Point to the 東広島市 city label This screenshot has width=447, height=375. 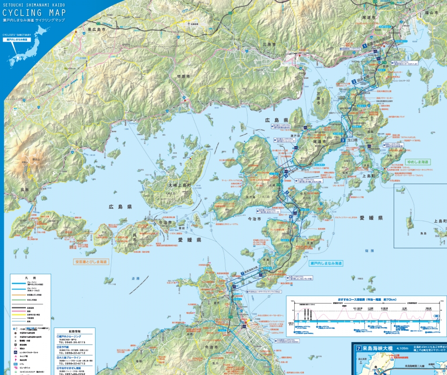(97, 30)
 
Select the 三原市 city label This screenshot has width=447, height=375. (270, 45)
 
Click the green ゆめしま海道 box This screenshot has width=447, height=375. (418, 162)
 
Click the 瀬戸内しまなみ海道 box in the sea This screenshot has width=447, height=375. (325, 264)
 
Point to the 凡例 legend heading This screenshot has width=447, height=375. (30, 278)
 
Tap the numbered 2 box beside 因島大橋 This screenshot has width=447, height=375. (354, 82)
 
